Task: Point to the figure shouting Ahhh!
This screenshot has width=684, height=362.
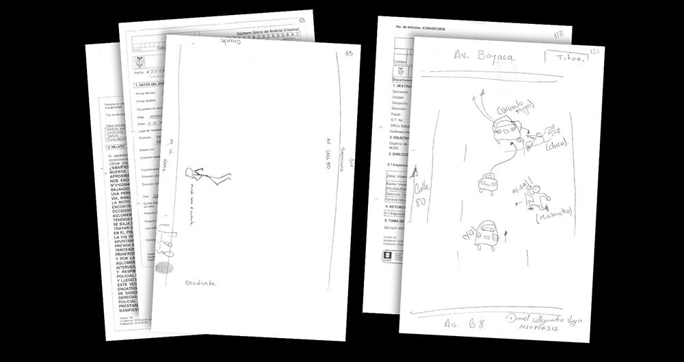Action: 536,195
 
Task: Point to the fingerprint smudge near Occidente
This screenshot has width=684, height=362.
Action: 164,267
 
